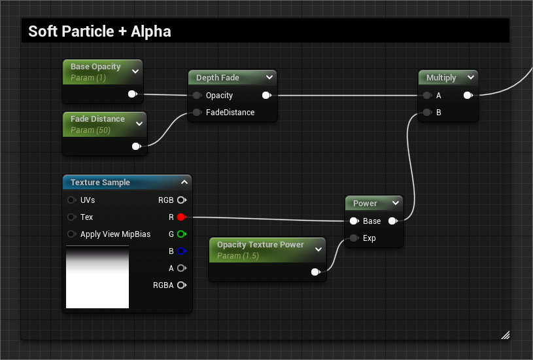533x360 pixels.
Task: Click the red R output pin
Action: (x=181, y=217)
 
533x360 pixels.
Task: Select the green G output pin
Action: (x=182, y=234)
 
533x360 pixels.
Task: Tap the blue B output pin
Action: (x=182, y=251)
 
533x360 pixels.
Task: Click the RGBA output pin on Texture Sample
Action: (x=182, y=285)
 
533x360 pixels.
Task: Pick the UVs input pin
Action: (x=71, y=200)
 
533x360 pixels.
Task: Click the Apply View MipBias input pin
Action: (x=71, y=234)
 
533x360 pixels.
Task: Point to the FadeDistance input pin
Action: (x=197, y=113)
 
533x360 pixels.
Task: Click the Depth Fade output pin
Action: (x=267, y=96)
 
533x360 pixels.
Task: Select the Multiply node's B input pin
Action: (x=427, y=113)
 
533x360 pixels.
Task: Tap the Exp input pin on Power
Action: (x=354, y=238)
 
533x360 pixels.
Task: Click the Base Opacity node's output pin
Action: (x=132, y=94)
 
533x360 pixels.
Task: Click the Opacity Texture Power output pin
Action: (x=315, y=272)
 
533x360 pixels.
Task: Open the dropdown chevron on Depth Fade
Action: (x=269, y=77)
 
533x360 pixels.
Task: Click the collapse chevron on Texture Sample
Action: (x=184, y=182)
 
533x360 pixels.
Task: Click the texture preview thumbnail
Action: (x=97, y=277)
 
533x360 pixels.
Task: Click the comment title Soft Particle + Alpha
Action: (x=99, y=31)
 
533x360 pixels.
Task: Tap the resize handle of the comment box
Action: (x=506, y=335)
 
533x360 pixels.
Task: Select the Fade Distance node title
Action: (x=97, y=118)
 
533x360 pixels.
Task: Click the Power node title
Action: (x=365, y=203)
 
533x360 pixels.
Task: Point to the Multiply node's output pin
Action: (x=468, y=96)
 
